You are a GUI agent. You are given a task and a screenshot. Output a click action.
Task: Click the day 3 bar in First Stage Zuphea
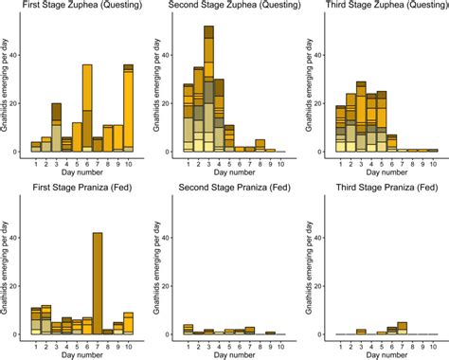[56, 128]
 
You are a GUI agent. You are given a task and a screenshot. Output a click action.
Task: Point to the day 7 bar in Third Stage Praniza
[403, 329]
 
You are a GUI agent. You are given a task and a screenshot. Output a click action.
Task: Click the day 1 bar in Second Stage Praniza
[189, 331]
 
